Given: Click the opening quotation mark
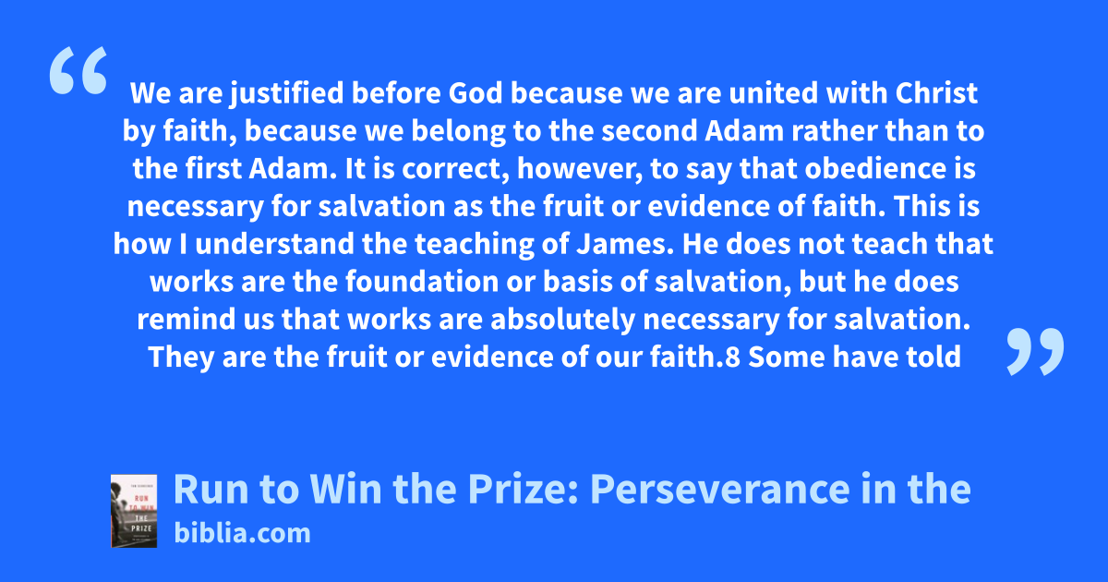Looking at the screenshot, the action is click(78, 70).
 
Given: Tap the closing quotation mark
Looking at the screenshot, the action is click(1035, 351).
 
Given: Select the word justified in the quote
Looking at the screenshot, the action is click(287, 94).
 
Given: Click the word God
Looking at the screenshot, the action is click(476, 93).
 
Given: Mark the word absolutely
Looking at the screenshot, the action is click(562, 321).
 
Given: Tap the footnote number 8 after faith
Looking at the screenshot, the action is click(732, 357).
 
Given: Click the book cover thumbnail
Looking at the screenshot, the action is click(134, 511).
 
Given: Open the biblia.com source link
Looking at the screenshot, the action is click(242, 533).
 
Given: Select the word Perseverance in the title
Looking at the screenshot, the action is click(719, 490).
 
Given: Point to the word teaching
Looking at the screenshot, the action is click(475, 245).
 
